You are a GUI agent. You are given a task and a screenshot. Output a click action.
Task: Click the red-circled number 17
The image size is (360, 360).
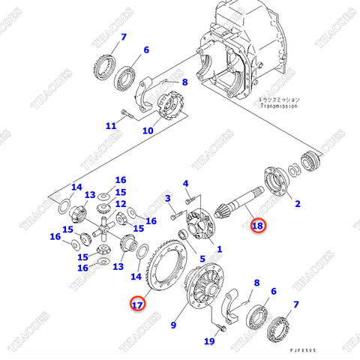[x=136, y=304]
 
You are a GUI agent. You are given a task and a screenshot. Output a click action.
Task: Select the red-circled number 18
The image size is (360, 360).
[x=257, y=225]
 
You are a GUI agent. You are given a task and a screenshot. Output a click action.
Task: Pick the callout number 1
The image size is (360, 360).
[x=219, y=248]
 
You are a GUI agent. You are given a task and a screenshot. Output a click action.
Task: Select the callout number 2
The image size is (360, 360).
[x=297, y=203]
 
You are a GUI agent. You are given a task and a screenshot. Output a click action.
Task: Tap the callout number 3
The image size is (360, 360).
[x=169, y=198]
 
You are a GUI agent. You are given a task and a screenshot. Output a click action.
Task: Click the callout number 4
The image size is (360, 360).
[x=186, y=184]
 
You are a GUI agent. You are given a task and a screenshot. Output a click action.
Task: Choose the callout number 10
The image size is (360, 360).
[x=148, y=130]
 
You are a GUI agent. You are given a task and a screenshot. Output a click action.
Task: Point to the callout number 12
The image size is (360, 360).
[x=121, y=204]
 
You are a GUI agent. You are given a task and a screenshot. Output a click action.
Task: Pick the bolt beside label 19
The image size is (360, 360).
[x=222, y=327]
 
